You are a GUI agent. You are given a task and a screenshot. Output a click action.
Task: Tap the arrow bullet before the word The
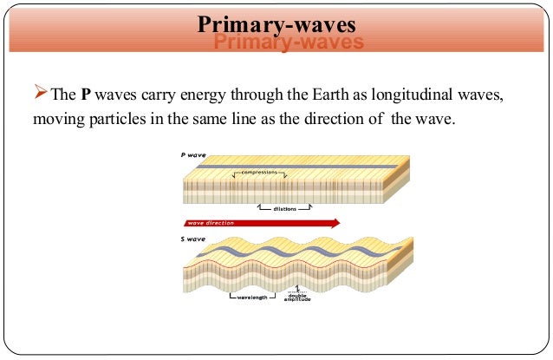click(x=40, y=95)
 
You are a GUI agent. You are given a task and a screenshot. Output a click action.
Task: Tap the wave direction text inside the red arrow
click(x=206, y=223)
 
